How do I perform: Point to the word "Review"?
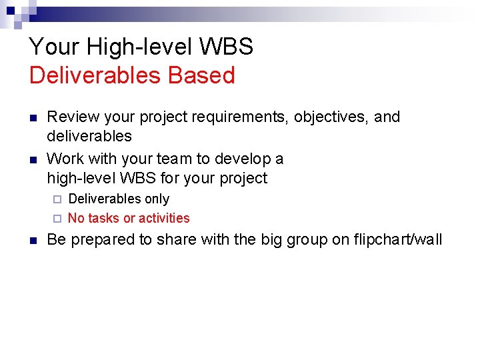(x=69, y=117)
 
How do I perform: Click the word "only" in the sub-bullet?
(x=157, y=199)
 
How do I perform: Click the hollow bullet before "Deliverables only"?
(x=57, y=199)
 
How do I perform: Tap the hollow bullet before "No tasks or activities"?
(x=57, y=219)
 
